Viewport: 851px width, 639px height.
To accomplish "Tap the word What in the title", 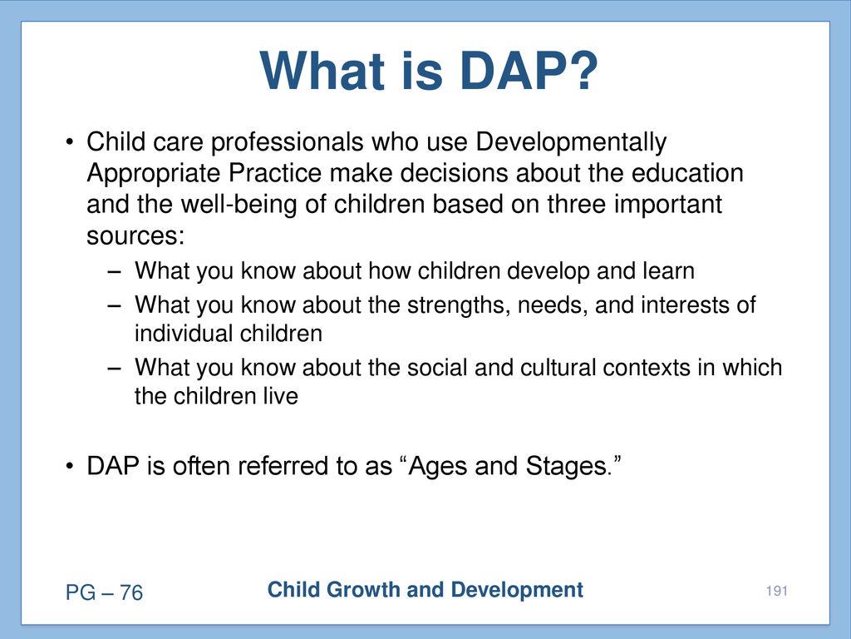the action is click(324, 72).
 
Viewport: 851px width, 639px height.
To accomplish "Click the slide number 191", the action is click(777, 591).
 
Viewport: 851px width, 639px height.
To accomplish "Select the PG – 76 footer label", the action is click(104, 592).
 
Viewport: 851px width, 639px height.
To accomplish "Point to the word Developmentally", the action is click(571, 142).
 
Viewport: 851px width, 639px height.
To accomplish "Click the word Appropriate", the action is click(153, 174).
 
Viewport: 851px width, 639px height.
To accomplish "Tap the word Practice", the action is click(275, 173).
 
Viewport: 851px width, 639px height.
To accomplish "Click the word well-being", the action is click(239, 205).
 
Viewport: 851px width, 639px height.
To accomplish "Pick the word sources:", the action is click(135, 236).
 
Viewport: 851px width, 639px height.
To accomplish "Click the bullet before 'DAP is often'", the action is click(69, 467).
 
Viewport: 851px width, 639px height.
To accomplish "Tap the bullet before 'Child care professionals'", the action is click(69, 143).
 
